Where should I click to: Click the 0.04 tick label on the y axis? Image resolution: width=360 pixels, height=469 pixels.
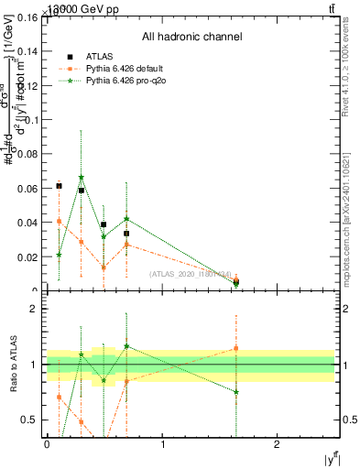click(29, 223)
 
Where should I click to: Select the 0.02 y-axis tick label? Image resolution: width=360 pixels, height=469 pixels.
click(29, 257)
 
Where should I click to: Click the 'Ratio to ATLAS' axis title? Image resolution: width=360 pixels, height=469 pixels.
click(12, 364)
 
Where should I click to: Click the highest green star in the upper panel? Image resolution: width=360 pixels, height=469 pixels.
click(82, 178)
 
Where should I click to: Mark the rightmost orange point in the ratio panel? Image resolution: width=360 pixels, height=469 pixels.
click(236, 348)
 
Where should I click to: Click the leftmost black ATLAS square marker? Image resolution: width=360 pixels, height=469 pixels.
click(59, 186)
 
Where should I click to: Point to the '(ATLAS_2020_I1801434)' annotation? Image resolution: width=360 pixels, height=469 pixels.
click(191, 274)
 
